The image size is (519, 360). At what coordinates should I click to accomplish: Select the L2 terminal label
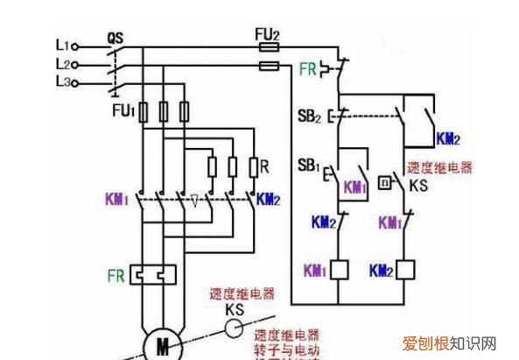tap(60, 64)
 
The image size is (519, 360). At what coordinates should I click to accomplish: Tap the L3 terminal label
tap(60, 83)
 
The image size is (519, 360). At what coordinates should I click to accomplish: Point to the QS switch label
tap(115, 39)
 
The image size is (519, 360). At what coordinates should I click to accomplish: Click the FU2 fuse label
tap(267, 33)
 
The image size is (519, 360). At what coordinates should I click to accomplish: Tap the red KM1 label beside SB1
tap(355, 188)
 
